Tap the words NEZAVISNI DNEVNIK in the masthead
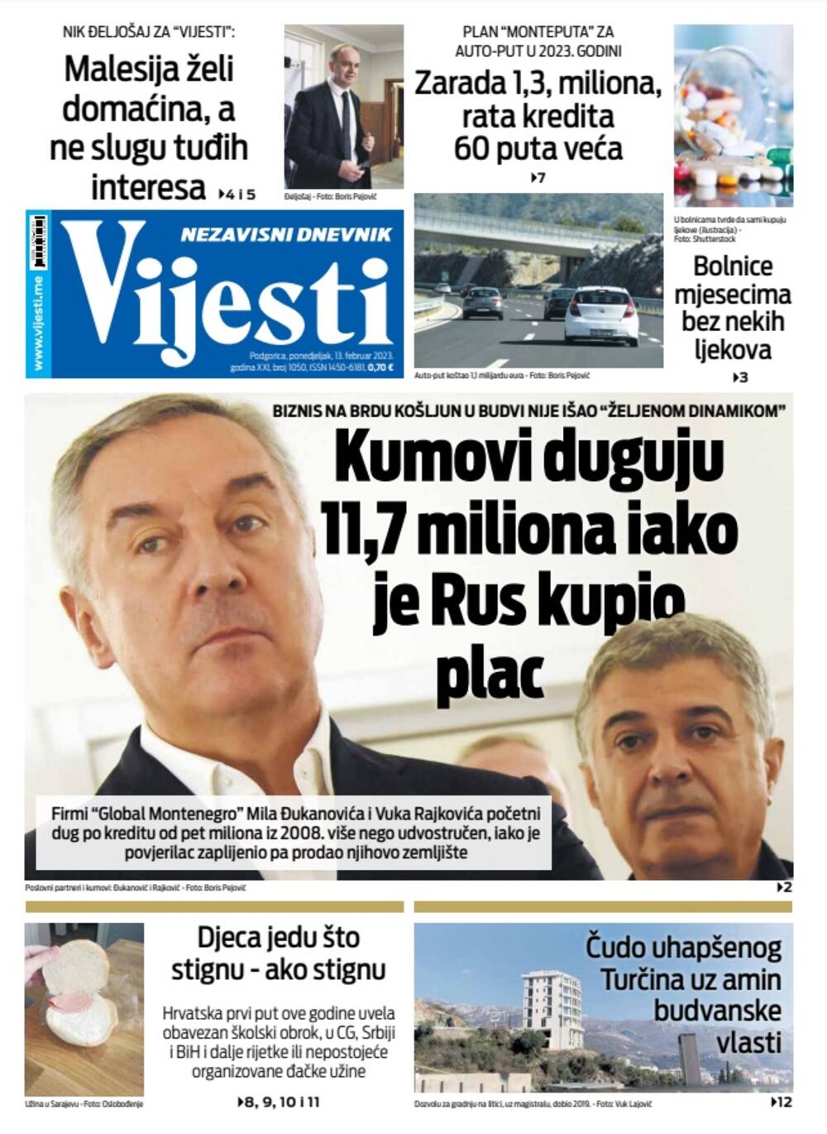tap(285, 235)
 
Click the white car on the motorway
tap(600, 315)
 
